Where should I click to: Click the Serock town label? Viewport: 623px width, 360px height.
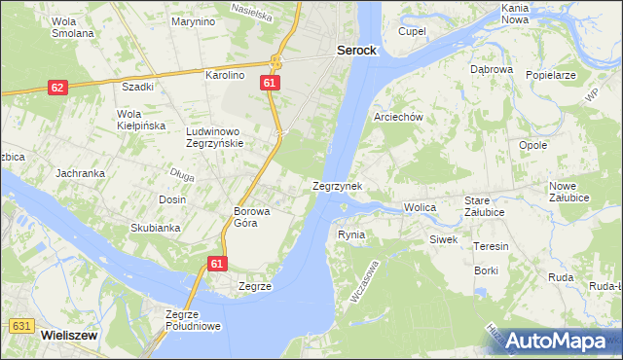[356, 49]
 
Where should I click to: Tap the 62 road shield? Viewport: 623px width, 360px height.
[57, 88]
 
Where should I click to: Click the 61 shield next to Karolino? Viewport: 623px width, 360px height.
[271, 85]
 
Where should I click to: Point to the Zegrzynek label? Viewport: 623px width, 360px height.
[338, 185]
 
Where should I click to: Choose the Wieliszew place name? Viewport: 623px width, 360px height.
[68, 334]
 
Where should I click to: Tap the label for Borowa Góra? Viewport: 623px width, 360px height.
[251, 216]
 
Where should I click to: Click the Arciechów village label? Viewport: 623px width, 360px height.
[398, 117]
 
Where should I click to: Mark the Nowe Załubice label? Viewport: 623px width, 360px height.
[563, 192]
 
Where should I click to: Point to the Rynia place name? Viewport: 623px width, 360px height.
[350, 234]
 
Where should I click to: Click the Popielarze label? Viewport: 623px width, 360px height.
[551, 75]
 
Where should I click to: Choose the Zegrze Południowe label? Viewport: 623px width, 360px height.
[195, 320]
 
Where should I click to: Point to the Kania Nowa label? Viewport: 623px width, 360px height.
[515, 13]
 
